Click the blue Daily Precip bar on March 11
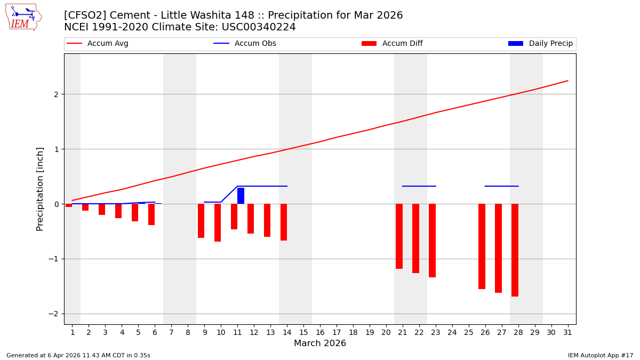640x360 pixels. point(241,196)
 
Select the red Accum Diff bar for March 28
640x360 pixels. point(515,250)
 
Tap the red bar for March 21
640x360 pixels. point(399,236)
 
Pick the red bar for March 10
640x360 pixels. point(218,222)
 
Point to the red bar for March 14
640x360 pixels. point(284,222)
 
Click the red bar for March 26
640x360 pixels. point(482,246)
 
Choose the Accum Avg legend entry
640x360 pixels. point(98,44)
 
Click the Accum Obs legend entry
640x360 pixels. point(245,44)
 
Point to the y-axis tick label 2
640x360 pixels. point(55,94)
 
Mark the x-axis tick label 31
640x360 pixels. point(567,332)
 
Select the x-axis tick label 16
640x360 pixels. point(320,332)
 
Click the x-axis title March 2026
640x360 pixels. point(320,343)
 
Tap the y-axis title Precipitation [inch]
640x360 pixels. point(40,189)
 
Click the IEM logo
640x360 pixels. point(23,17)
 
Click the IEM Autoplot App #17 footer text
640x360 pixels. point(601,355)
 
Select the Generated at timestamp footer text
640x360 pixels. point(78,355)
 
